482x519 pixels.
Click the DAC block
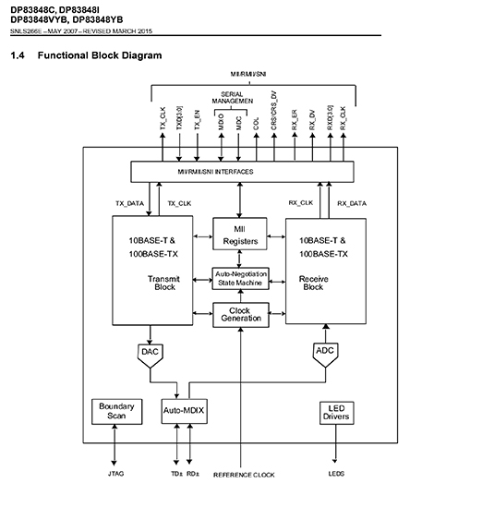(151, 356)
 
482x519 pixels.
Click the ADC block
(325, 355)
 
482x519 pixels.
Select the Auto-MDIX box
(185, 411)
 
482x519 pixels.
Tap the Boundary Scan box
(117, 412)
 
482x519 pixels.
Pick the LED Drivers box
(337, 413)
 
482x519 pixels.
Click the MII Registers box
(240, 234)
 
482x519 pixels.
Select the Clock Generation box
(241, 315)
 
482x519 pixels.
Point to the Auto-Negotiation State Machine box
(241, 278)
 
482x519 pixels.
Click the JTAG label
(115, 474)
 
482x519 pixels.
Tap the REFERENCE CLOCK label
(244, 475)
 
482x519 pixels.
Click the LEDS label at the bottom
(336, 474)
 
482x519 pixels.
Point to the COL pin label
(256, 124)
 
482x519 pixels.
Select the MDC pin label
(239, 123)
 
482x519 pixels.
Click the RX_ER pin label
(295, 120)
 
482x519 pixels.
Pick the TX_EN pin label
(198, 120)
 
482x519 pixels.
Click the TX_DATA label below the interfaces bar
(130, 203)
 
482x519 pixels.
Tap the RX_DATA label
(352, 203)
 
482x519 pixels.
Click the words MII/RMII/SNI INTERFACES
(215, 172)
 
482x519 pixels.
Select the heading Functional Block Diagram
(100, 55)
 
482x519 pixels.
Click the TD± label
(176, 474)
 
